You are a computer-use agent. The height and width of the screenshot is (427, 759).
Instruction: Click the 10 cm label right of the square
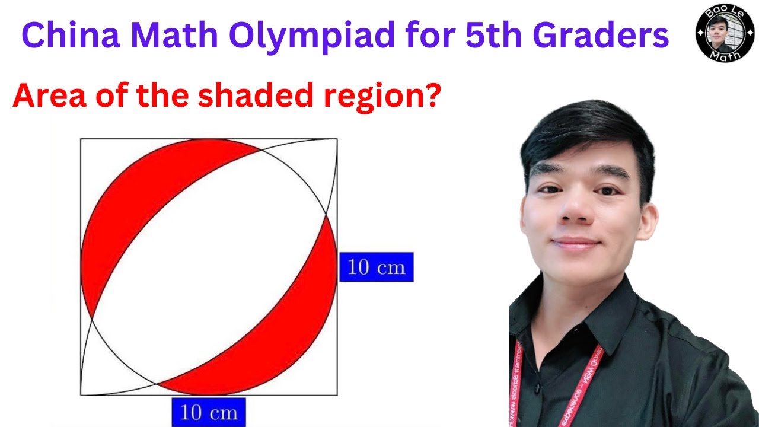pyautogui.click(x=376, y=267)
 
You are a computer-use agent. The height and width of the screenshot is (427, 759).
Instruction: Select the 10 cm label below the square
pyautogui.click(x=208, y=412)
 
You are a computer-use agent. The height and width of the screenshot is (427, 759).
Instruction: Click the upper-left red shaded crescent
pyautogui.click(x=130, y=202)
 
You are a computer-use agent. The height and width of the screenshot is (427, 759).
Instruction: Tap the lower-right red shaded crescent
pyautogui.click(x=285, y=332)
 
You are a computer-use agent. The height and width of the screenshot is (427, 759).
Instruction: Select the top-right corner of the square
pyautogui.click(x=337, y=139)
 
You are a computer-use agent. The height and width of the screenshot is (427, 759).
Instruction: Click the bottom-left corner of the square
pyautogui.click(x=81, y=395)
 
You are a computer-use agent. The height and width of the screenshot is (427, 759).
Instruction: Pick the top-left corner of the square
pyautogui.click(x=81, y=139)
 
